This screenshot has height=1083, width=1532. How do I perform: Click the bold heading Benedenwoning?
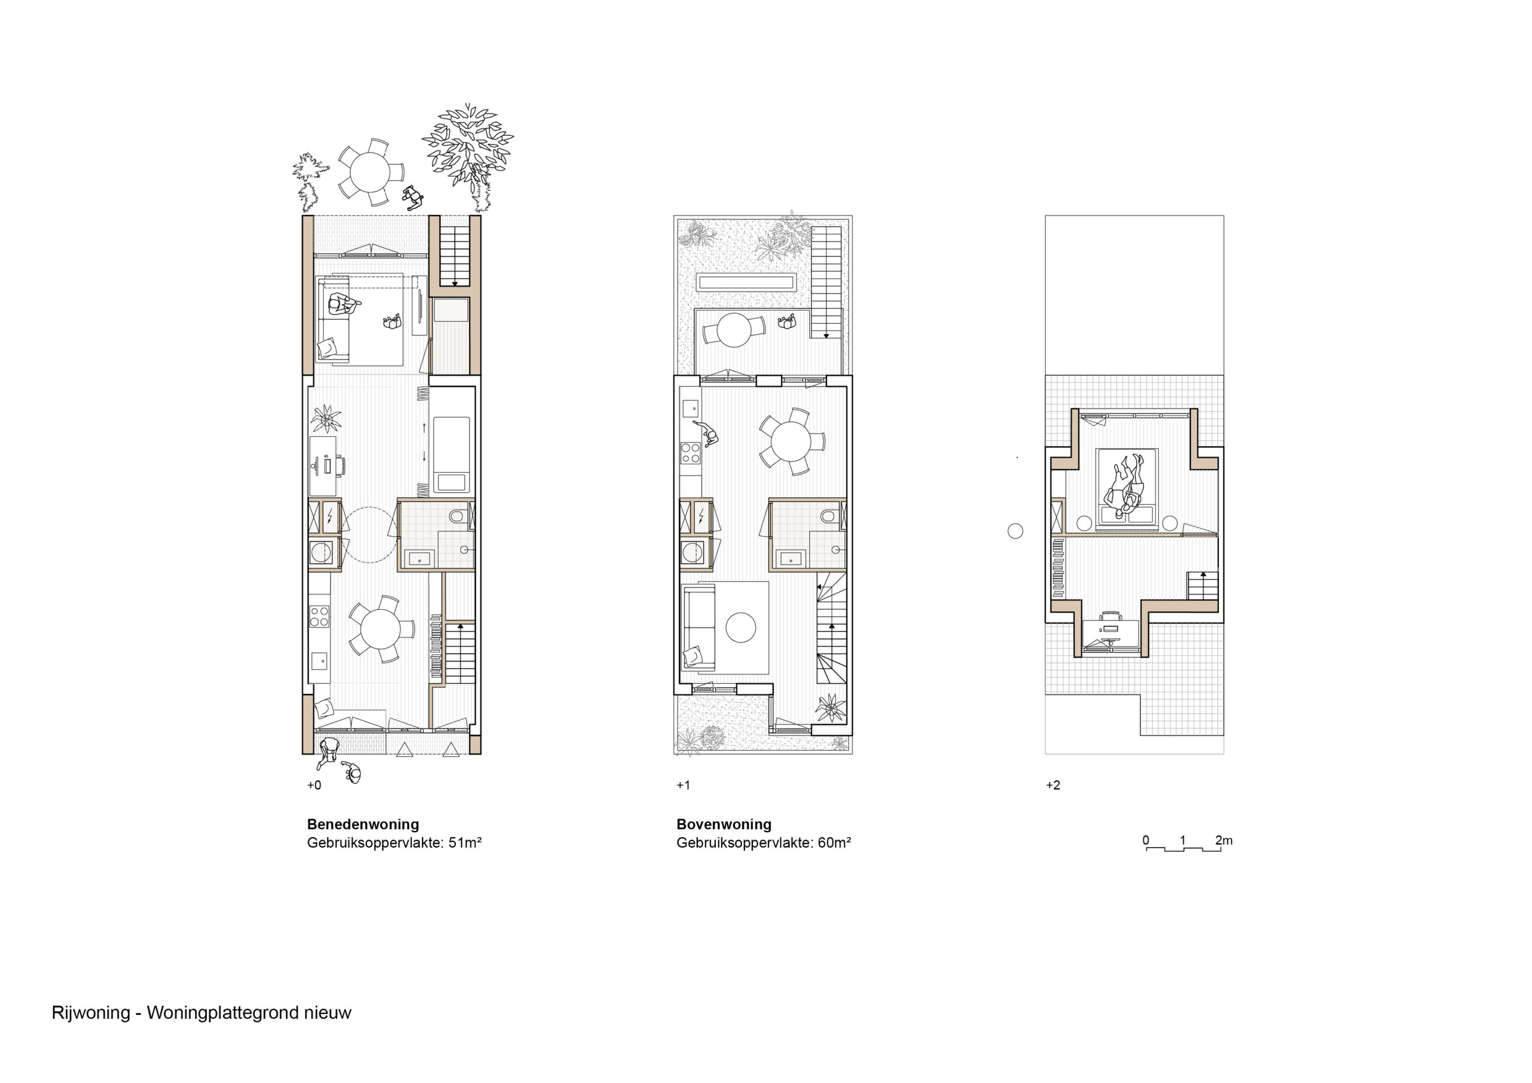tap(363, 824)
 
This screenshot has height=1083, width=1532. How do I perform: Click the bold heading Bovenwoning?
tap(724, 824)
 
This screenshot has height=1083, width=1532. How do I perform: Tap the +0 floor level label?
tap(314, 786)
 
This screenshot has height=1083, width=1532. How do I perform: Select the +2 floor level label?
tap(1053, 786)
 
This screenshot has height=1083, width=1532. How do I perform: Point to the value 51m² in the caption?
tap(464, 843)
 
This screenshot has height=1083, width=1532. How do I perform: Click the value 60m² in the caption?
tap(834, 843)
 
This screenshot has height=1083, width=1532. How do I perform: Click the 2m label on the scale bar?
tap(1224, 840)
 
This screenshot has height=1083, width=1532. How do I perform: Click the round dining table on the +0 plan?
tap(381, 629)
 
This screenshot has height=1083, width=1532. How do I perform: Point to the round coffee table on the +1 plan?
tap(741, 627)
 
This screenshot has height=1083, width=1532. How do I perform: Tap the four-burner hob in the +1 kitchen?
tap(690, 453)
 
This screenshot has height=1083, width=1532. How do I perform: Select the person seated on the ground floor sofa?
tap(343, 305)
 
